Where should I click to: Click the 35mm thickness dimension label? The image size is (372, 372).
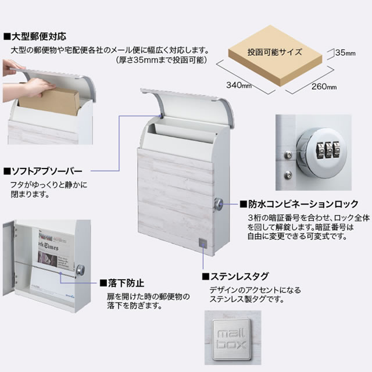[x=345, y=53]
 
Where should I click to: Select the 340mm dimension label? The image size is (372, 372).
[x=239, y=85]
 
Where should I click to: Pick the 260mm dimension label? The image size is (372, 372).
[x=324, y=87]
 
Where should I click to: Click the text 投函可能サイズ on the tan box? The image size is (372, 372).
[x=275, y=52]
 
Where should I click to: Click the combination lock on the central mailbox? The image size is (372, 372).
[x=219, y=204]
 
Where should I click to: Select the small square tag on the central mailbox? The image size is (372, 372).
[x=203, y=243]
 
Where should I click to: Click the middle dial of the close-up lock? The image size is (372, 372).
[x=328, y=150]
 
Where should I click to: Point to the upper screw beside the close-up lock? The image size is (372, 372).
[x=288, y=155]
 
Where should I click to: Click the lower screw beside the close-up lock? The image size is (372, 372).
[x=288, y=175]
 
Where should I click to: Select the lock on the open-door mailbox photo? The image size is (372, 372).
[x=81, y=270]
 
